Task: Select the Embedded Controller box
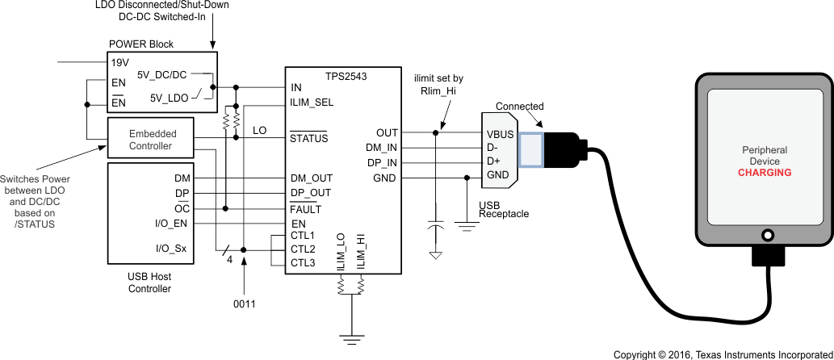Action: pyautogui.click(x=150, y=139)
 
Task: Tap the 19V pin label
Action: pyautogui.click(x=119, y=61)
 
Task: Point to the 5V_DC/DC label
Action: pyautogui.click(x=161, y=75)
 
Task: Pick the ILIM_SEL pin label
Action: pyautogui.click(x=312, y=103)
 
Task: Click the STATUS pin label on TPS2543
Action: pyautogui.click(x=308, y=138)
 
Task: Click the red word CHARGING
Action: pyautogui.click(x=764, y=173)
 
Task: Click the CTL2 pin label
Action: pyautogui.click(x=303, y=249)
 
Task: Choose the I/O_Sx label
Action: pyautogui.click(x=170, y=249)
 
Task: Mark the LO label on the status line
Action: pyautogui.click(x=259, y=130)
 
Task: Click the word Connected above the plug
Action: pyautogui.click(x=519, y=107)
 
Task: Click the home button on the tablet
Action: pyautogui.click(x=764, y=234)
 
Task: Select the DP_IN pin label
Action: pyautogui.click(x=381, y=162)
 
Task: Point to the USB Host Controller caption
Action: pyautogui.click(x=150, y=283)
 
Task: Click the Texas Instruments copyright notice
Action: pyautogui.click(x=722, y=354)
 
